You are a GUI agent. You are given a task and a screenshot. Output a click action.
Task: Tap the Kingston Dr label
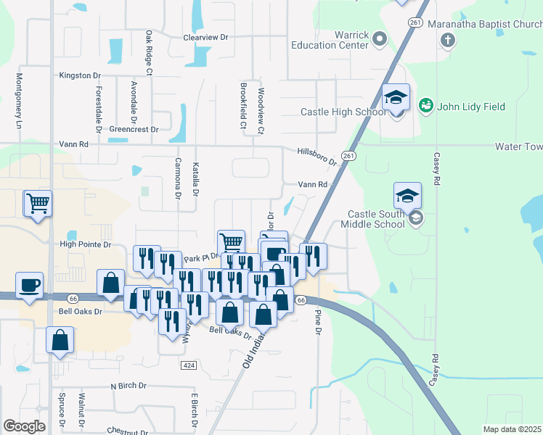click(80, 75)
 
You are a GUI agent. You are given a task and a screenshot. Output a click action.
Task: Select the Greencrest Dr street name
click(134, 130)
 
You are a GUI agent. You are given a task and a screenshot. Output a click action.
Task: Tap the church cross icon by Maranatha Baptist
click(447, 38)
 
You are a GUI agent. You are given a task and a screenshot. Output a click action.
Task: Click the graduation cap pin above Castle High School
click(396, 98)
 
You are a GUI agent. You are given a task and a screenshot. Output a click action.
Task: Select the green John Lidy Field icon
click(425, 106)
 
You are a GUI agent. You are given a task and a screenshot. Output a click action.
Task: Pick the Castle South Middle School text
click(375, 219)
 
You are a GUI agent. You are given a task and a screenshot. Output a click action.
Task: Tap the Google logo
click(24, 426)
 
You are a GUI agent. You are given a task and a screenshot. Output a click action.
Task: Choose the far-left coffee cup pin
click(29, 286)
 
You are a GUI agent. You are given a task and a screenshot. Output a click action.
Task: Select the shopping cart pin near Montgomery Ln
click(38, 204)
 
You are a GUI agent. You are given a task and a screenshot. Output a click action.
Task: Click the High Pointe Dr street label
click(85, 245)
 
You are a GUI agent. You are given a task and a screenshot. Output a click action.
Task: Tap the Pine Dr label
click(318, 321)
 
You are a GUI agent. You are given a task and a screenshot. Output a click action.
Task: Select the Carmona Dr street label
click(177, 178)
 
